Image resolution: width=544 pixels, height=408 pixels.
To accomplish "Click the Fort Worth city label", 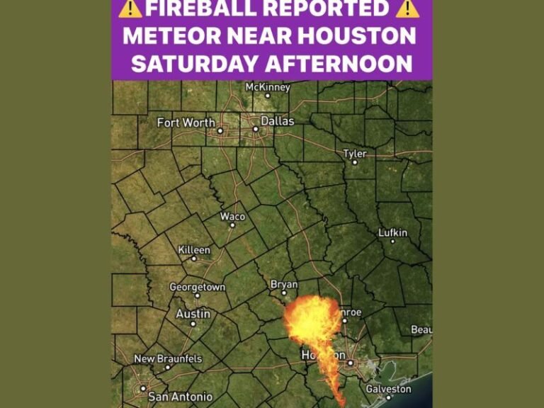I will click(186, 123).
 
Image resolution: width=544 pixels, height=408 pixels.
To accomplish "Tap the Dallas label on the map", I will click(277, 121).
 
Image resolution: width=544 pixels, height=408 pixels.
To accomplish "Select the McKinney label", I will click(267, 86).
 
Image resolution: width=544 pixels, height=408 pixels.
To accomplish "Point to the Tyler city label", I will click(355, 153).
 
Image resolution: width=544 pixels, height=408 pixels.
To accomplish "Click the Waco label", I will click(232, 216).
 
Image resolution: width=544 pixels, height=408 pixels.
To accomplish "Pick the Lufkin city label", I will click(392, 232).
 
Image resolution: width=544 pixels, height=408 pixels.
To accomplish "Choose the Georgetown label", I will click(197, 287).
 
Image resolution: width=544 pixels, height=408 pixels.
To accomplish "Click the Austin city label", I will click(193, 314).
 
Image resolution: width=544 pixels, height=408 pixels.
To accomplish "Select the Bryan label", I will click(284, 284).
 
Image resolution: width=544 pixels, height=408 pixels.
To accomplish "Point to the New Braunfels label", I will click(168, 359).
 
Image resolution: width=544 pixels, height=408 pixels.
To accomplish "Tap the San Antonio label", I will click(179, 397).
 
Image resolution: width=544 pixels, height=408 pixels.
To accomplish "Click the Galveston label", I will click(388, 389).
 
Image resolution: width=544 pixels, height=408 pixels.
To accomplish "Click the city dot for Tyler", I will click(355, 162).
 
